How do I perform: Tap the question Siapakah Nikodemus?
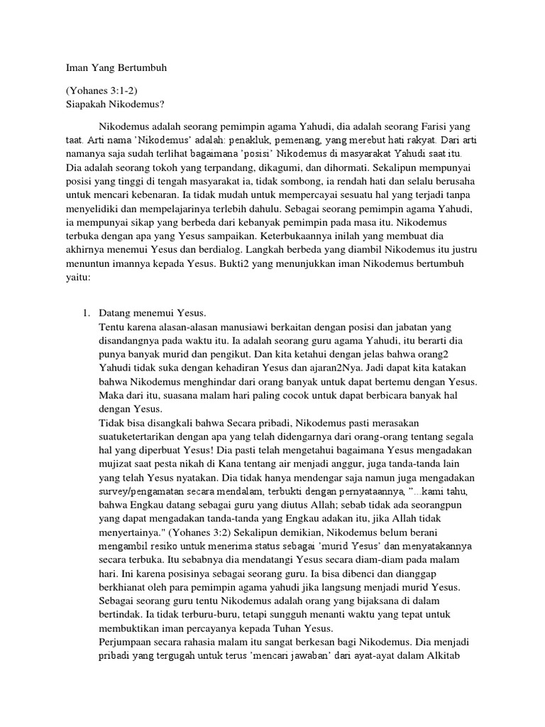(114, 104)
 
